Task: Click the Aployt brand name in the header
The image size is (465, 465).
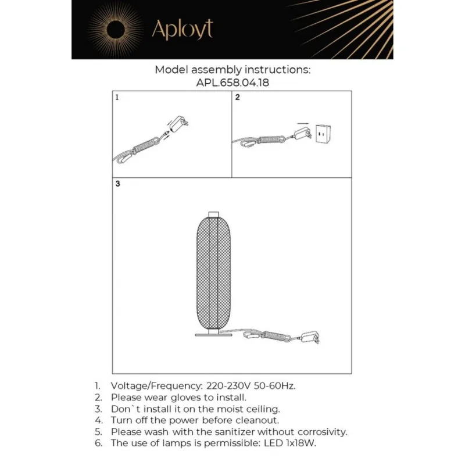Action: [x=182, y=29]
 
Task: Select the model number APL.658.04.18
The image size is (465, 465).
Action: [x=233, y=83]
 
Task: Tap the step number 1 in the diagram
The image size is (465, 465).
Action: [x=117, y=98]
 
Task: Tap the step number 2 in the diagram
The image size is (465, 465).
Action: [x=237, y=98]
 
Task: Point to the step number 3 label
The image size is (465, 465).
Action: [x=117, y=184]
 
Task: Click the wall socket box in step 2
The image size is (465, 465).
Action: [x=321, y=134]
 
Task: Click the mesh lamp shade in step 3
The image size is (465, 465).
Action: [x=213, y=273]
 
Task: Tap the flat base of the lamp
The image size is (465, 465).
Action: [x=213, y=335]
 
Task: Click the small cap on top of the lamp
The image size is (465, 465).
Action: [x=213, y=213]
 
